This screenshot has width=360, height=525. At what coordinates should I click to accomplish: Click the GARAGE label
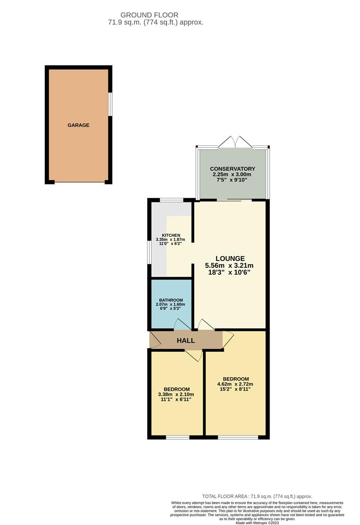[x=78, y=125]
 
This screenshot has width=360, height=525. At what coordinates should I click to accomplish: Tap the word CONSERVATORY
[x=233, y=169]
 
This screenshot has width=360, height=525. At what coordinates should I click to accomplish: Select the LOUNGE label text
[x=230, y=258]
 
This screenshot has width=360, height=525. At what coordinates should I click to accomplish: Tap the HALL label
[x=186, y=340]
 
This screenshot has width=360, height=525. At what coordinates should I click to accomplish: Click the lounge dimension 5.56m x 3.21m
[x=230, y=265]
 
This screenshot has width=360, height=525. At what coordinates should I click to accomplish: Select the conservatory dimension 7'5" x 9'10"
[x=233, y=179]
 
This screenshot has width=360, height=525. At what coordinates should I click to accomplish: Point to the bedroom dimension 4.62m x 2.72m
[x=236, y=384]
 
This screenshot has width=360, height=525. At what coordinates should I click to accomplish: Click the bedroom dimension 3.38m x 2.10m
[x=176, y=394]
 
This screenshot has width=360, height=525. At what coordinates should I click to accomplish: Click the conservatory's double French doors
[x=235, y=142]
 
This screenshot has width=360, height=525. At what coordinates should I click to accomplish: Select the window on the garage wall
[x=110, y=104]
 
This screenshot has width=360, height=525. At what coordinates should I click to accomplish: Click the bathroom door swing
[x=182, y=324]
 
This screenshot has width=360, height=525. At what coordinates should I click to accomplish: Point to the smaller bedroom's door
[x=194, y=356]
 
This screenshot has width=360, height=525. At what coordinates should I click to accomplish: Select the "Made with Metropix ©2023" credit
[x=257, y=523]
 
